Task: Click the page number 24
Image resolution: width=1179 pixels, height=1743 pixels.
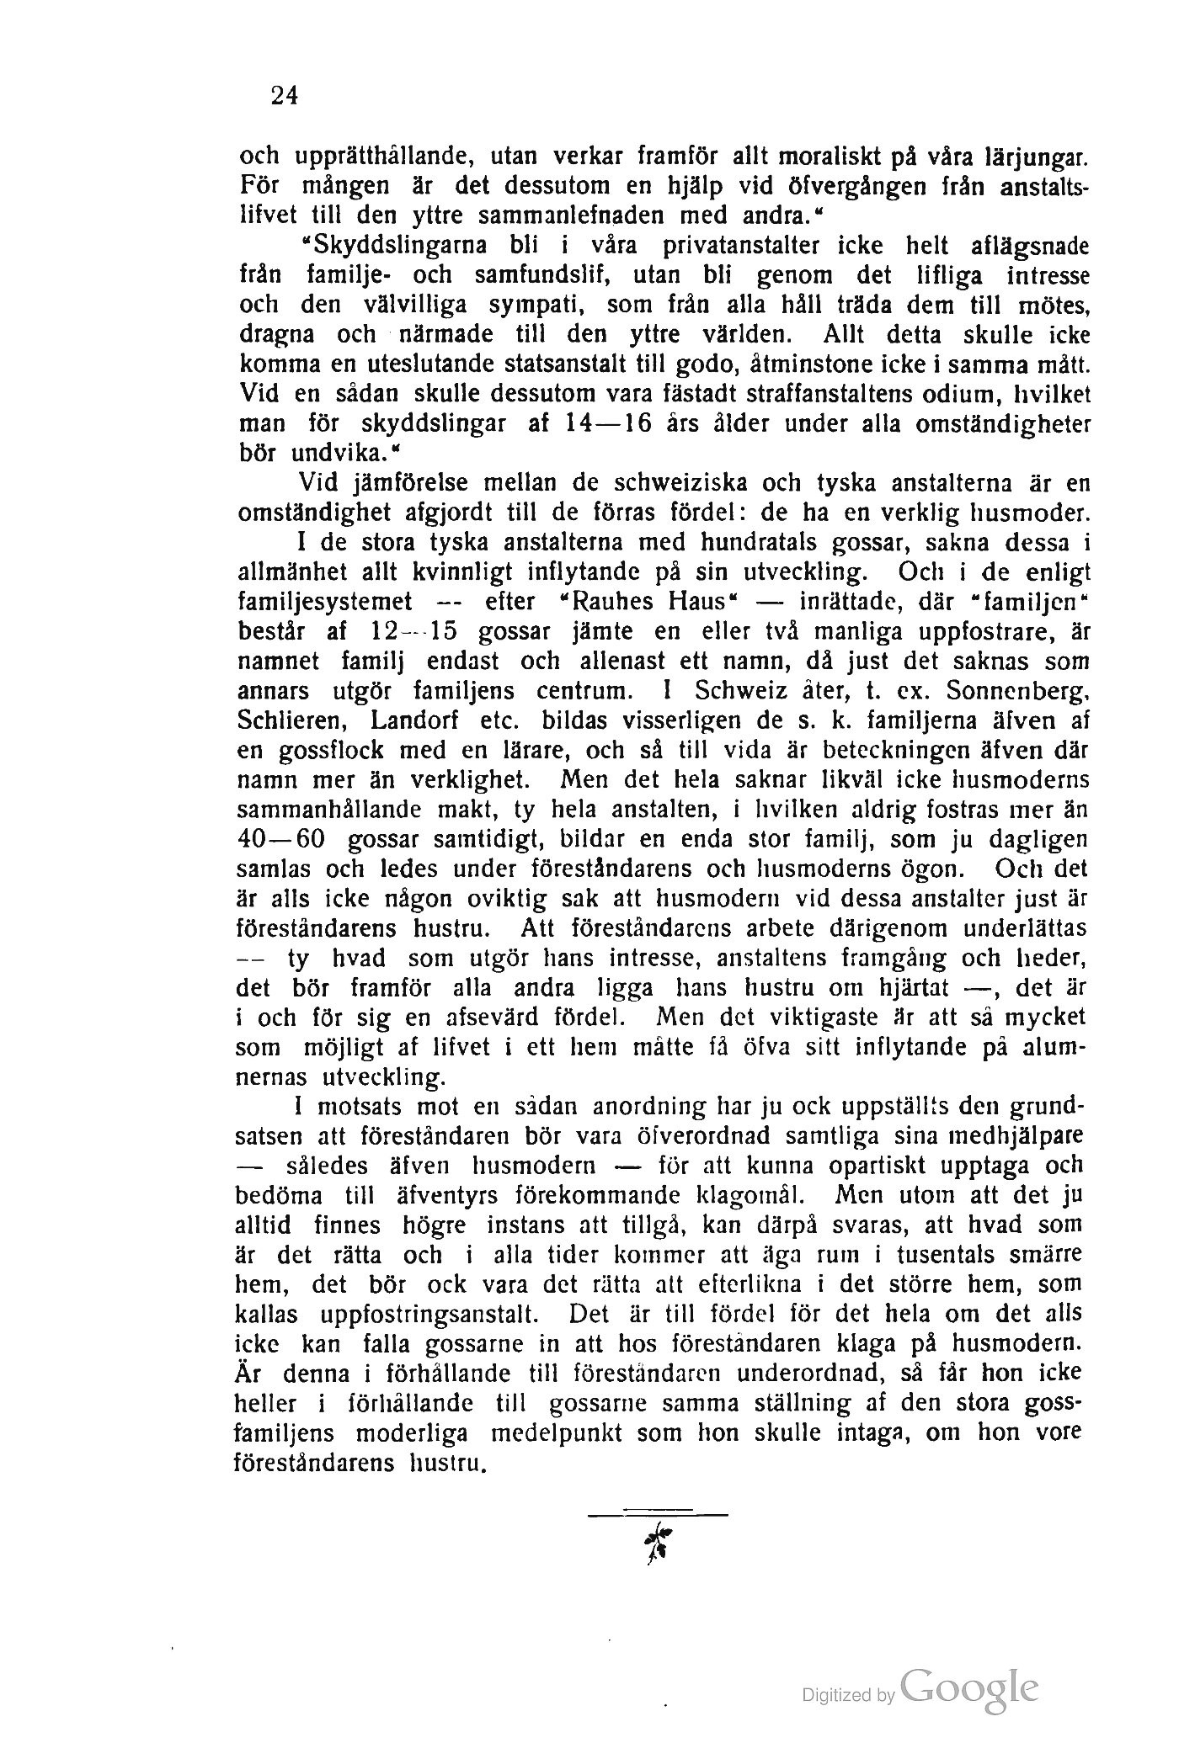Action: [285, 96]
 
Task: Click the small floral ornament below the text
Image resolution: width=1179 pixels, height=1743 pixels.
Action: [659, 1543]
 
